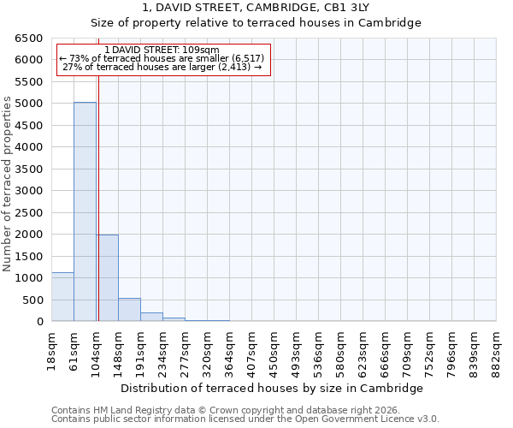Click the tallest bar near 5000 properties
pos(85,211)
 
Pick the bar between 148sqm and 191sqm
pos(129,309)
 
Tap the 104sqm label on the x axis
pos(96,348)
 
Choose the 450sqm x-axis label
pos(274,348)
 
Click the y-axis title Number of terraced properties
pos(8,183)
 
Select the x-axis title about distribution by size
pos(272,388)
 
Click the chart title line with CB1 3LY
pos(256,8)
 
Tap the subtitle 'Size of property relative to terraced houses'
pos(256,23)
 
